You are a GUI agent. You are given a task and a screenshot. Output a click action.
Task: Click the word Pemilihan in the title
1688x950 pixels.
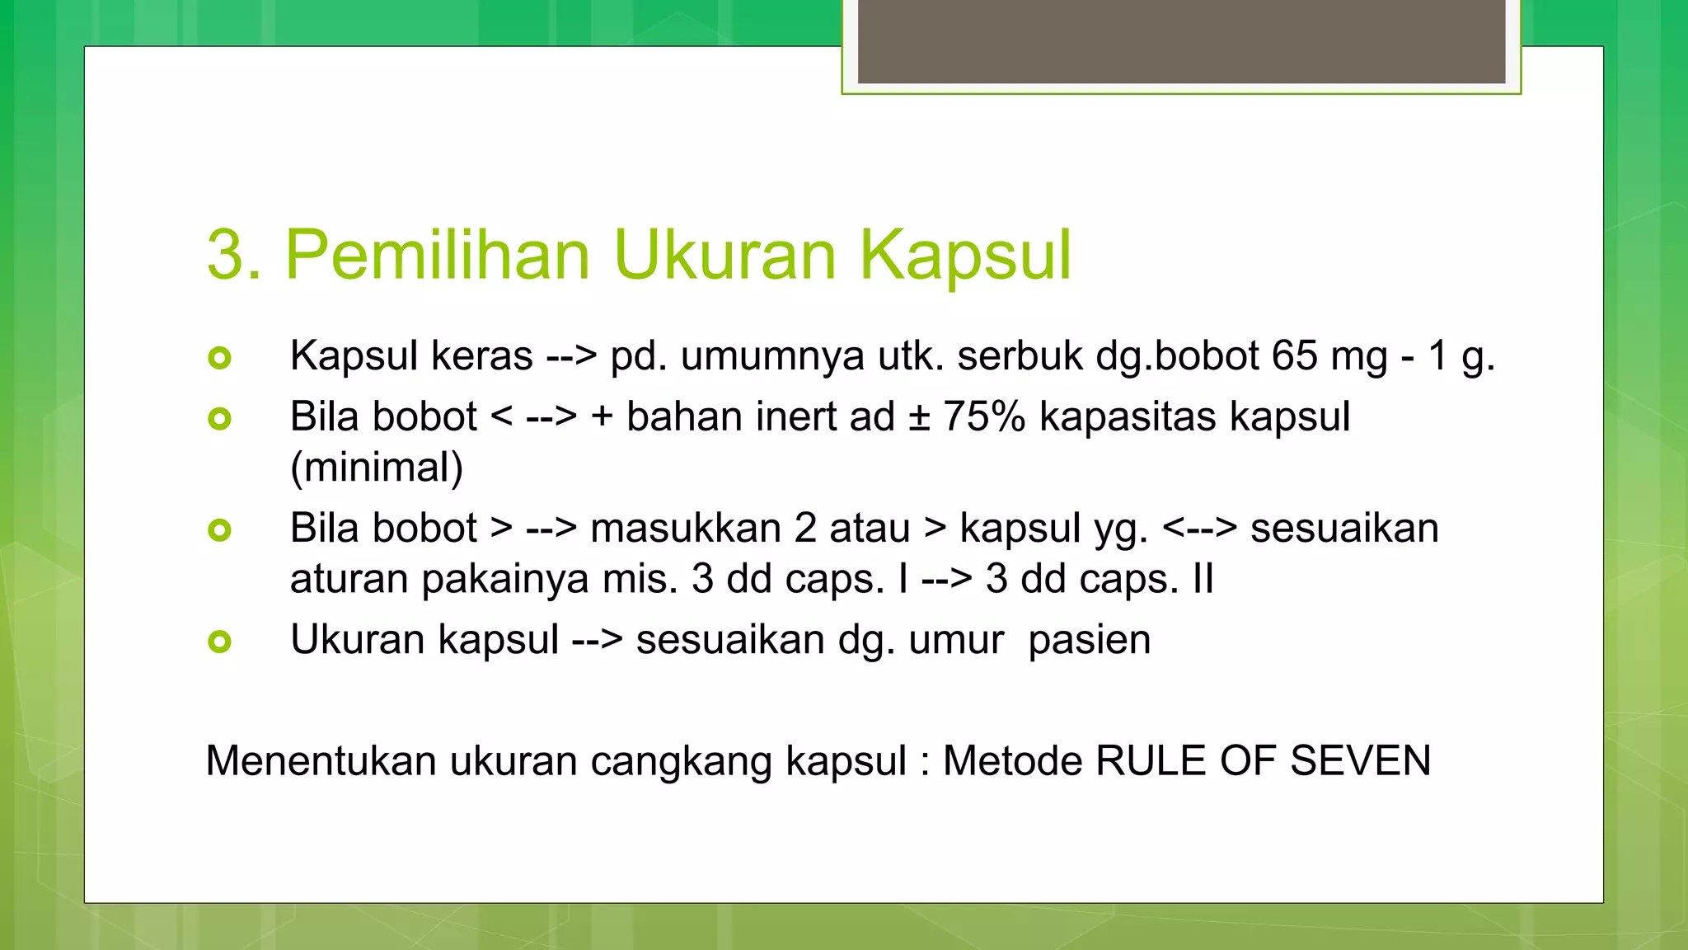(x=437, y=255)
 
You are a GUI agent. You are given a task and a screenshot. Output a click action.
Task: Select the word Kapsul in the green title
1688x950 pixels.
(x=965, y=255)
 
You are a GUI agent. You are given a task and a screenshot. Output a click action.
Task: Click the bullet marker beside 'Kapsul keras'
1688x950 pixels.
(x=220, y=358)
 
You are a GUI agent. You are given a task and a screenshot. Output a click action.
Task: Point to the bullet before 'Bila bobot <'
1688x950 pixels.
(x=220, y=419)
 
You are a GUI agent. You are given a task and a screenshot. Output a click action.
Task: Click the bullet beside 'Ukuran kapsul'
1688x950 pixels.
(x=220, y=641)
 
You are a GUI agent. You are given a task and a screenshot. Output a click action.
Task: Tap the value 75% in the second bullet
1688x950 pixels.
(x=984, y=416)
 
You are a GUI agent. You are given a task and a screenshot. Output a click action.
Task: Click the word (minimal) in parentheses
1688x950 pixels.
(x=377, y=468)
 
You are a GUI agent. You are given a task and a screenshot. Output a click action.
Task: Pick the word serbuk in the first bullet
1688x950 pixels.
(x=1020, y=356)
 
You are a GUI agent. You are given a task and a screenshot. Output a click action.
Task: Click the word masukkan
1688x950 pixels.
(x=686, y=528)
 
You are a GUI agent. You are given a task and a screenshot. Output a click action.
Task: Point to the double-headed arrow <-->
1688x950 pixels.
(x=1199, y=528)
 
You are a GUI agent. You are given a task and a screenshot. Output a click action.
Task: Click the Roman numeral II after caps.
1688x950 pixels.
(x=1203, y=579)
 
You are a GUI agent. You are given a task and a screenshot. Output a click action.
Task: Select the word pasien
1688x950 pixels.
(x=1089, y=640)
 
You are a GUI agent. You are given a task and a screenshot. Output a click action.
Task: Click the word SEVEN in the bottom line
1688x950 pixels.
(x=1360, y=760)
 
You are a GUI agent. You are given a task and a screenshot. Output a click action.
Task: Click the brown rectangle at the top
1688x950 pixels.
(x=1181, y=41)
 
